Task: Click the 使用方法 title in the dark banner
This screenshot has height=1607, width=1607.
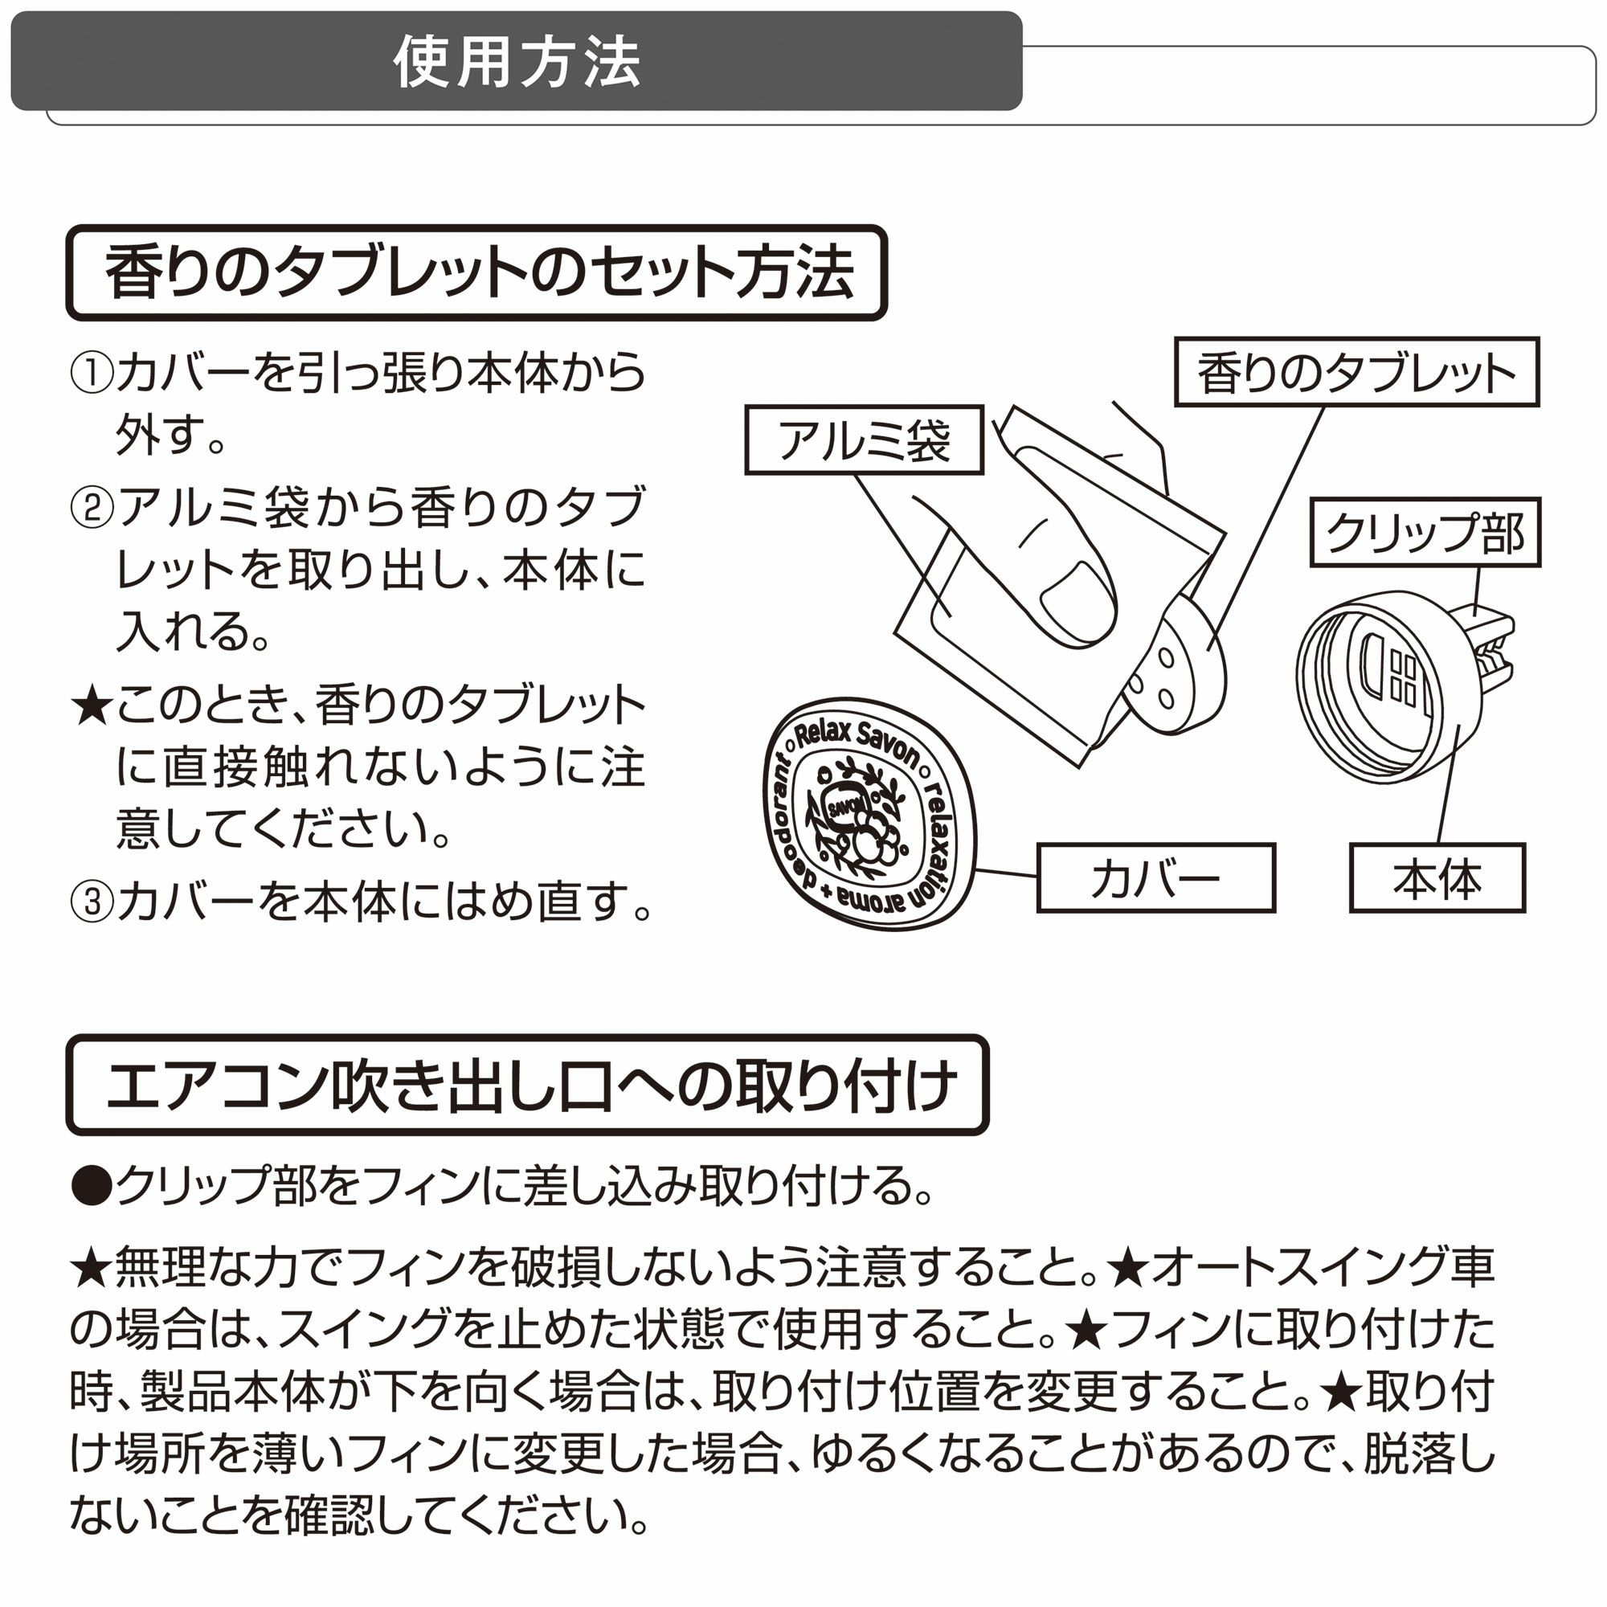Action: click(517, 63)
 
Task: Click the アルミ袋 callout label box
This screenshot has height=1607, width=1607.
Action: click(865, 440)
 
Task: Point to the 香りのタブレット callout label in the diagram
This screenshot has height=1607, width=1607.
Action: click(1356, 372)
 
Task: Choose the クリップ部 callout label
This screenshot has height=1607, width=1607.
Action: click(1425, 533)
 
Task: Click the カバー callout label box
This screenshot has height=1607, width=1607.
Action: click(1156, 878)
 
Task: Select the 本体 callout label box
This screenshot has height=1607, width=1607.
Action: click(1437, 878)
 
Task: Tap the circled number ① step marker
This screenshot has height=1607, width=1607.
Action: click(91, 374)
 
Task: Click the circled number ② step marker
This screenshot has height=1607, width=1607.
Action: click(91, 506)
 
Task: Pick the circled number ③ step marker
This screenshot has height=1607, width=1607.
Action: click(91, 902)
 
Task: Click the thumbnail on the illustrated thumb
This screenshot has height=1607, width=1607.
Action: click(1078, 604)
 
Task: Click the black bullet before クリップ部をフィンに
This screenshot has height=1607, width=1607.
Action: click(92, 1185)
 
